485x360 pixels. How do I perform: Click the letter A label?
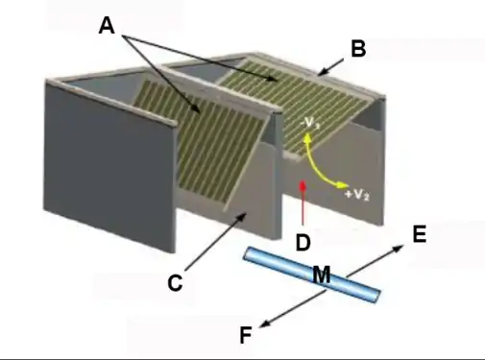pyautogui.click(x=109, y=28)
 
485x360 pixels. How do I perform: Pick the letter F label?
pyautogui.click(x=247, y=334)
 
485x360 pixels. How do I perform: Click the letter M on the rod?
pyautogui.click(x=322, y=276)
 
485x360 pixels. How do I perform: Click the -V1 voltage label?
pyautogui.click(x=311, y=123)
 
